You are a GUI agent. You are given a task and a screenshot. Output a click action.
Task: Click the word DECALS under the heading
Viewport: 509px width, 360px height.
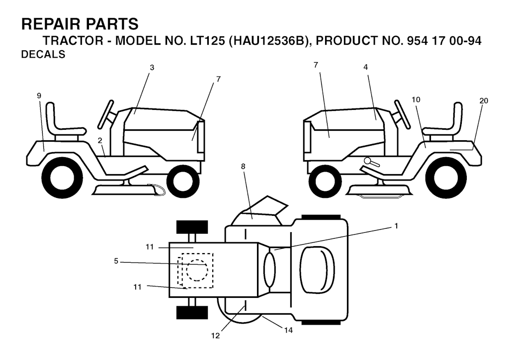click(43, 54)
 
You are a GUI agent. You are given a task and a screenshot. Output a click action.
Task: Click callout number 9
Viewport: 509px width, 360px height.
click(39, 95)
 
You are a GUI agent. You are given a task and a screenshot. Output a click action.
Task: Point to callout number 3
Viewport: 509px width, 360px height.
click(152, 68)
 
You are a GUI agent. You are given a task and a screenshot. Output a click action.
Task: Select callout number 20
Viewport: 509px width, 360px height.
click(484, 101)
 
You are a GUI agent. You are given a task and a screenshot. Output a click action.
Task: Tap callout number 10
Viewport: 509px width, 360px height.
click(416, 99)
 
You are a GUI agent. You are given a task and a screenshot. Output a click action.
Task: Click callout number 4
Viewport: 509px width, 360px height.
click(365, 67)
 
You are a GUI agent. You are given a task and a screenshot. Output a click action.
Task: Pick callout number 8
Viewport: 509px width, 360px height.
click(243, 167)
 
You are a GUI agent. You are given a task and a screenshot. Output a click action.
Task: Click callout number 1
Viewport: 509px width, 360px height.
click(396, 226)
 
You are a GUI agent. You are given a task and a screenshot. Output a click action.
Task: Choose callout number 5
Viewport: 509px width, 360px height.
click(116, 261)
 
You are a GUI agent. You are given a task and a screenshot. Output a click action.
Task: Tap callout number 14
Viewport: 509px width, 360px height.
click(288, 330)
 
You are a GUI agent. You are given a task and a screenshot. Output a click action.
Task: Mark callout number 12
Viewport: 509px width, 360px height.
click(215, 336)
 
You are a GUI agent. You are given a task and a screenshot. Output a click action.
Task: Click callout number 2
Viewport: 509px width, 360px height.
click(100, 141)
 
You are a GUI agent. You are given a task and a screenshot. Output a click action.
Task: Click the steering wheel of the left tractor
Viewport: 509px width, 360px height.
click(106, 114)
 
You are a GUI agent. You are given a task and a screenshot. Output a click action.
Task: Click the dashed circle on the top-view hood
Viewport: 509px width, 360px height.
click(197, 270)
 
